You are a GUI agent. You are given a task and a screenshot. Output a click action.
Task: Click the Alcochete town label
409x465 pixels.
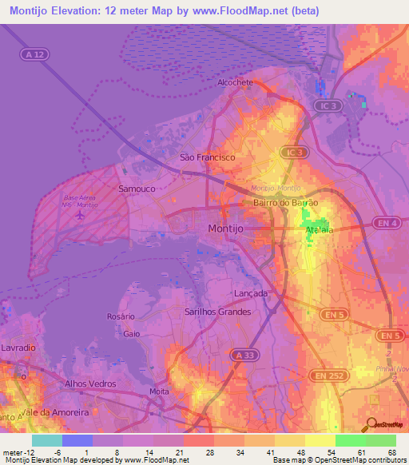point(236,82)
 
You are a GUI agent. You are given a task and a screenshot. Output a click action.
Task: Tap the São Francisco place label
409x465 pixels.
point(208,157)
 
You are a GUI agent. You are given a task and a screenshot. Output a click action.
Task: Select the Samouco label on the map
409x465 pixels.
point(137,189)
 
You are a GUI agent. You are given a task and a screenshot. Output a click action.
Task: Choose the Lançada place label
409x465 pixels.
point(251,293)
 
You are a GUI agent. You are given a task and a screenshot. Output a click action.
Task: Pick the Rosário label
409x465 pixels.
point(121,317)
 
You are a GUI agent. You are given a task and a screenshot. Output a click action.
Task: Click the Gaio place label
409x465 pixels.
point(132,334)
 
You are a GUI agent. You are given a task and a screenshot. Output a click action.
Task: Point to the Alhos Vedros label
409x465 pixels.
point(90,384)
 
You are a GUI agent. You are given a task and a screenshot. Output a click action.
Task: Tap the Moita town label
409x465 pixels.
point(160,391)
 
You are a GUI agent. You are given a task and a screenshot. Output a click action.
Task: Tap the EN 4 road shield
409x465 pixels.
point(387,222)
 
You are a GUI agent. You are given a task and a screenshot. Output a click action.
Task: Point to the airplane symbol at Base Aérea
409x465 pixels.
point(79,215)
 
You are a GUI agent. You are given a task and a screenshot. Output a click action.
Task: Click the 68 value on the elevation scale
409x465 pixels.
point(392,451)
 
